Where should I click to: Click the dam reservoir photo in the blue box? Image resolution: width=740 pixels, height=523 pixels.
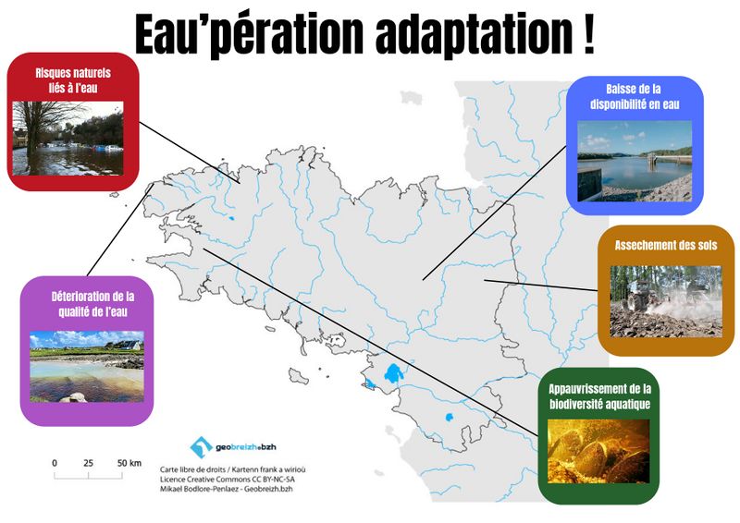coord(635,162)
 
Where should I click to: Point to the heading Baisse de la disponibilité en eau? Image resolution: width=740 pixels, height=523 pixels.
coord(635,97)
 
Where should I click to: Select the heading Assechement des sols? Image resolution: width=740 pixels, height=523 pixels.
coord(666,246)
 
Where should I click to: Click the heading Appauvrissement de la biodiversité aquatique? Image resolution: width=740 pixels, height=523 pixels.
coord(600,396)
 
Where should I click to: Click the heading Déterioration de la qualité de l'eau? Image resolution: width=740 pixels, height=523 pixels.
coord(85,304)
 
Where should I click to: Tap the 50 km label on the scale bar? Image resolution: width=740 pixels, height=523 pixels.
coord(129,462)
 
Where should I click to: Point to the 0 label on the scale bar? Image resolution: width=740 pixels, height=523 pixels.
coord(55,462)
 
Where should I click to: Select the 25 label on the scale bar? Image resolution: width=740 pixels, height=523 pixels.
coord(89,462)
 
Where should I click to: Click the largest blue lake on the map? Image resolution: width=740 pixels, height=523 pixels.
coord(393,374)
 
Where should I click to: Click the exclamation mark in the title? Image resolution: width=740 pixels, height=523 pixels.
coord(588,35)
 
